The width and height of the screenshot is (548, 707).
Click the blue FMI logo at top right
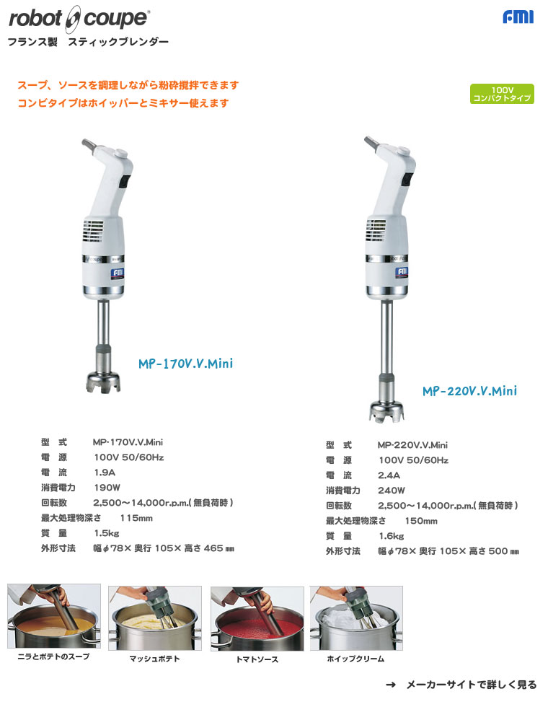pyautogui.click(x=518, y=17)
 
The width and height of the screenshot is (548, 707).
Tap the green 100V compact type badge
pyautogui.click(x=502, y=94)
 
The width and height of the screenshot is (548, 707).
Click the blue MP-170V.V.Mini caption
pyautogui.click(x=185, y=364)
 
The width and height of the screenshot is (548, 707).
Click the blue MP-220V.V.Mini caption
pyautogui.click(x=469, y=392)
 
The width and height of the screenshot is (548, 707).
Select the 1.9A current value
pyautogui.click(x=104, y=473)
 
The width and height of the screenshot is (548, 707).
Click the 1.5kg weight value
pyautogui.click(x=107, y=533)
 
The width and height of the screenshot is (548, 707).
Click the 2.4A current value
pyautogui.click(x=389, y=475)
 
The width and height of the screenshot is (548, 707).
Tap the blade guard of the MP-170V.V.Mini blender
pyautogui.click(x=102, y=380)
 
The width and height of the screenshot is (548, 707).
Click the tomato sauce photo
pyautogui.click(x=257, y=618)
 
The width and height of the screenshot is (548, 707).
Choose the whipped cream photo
pyautogui.click(x=356, y=618)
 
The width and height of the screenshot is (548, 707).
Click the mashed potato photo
pyautogui.click(x=154, y=618)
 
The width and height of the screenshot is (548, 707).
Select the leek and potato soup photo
pyautogui.click(x=54, y=616)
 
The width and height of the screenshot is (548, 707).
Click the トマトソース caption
pyautogui.click(x=256, y=659)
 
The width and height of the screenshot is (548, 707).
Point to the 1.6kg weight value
pyautogui.click(x=392, y=536)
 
